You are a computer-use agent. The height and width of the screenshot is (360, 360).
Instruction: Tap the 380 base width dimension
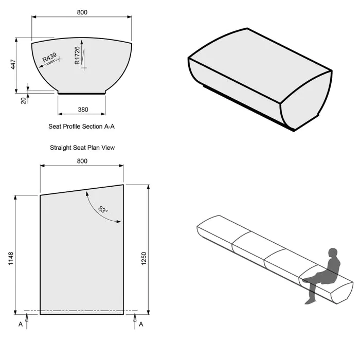click(82, 110)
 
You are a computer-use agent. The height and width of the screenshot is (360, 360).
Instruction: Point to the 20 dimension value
click(24, 100)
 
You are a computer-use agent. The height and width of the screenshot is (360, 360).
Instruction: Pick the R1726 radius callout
click(78, 56)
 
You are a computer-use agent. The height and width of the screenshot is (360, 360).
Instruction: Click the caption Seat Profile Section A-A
click(82, 126)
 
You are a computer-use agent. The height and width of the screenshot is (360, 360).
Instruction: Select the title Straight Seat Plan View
click(82, 148)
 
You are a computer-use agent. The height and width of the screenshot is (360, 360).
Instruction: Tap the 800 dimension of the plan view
click(82, 161)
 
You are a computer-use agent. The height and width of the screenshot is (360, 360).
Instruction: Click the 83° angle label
click(103, 210)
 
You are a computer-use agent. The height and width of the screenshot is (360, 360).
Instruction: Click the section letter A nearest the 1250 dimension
click(141, 325)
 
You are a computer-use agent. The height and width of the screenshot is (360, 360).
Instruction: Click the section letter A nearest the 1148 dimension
click(21, 325)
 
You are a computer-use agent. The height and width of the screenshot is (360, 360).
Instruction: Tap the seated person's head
click(333, 254)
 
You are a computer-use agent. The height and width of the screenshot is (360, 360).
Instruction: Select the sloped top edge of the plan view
click(82, 190)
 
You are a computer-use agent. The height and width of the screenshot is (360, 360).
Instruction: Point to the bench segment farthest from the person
click(216, 231)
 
